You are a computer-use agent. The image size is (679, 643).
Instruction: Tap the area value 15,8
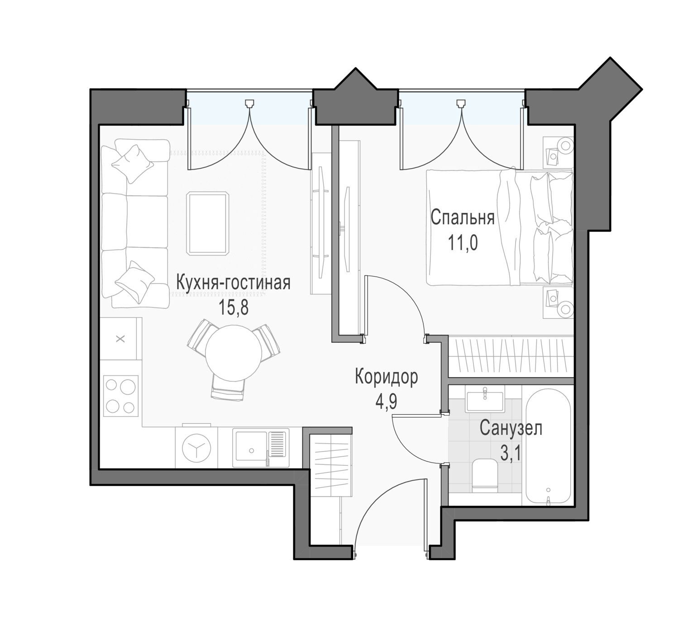234,307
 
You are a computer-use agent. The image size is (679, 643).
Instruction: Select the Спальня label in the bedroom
463,218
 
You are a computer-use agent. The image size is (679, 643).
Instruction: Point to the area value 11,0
463,242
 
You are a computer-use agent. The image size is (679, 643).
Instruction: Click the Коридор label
387,377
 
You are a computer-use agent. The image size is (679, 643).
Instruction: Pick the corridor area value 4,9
386,402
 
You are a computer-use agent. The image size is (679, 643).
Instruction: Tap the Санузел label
511,428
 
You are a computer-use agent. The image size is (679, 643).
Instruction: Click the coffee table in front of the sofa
208,224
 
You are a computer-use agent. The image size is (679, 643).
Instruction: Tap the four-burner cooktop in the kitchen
120,396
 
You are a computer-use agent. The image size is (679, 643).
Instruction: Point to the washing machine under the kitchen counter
196,448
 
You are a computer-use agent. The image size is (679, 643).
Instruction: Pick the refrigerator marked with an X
120,339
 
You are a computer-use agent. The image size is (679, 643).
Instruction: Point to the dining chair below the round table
228,388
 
